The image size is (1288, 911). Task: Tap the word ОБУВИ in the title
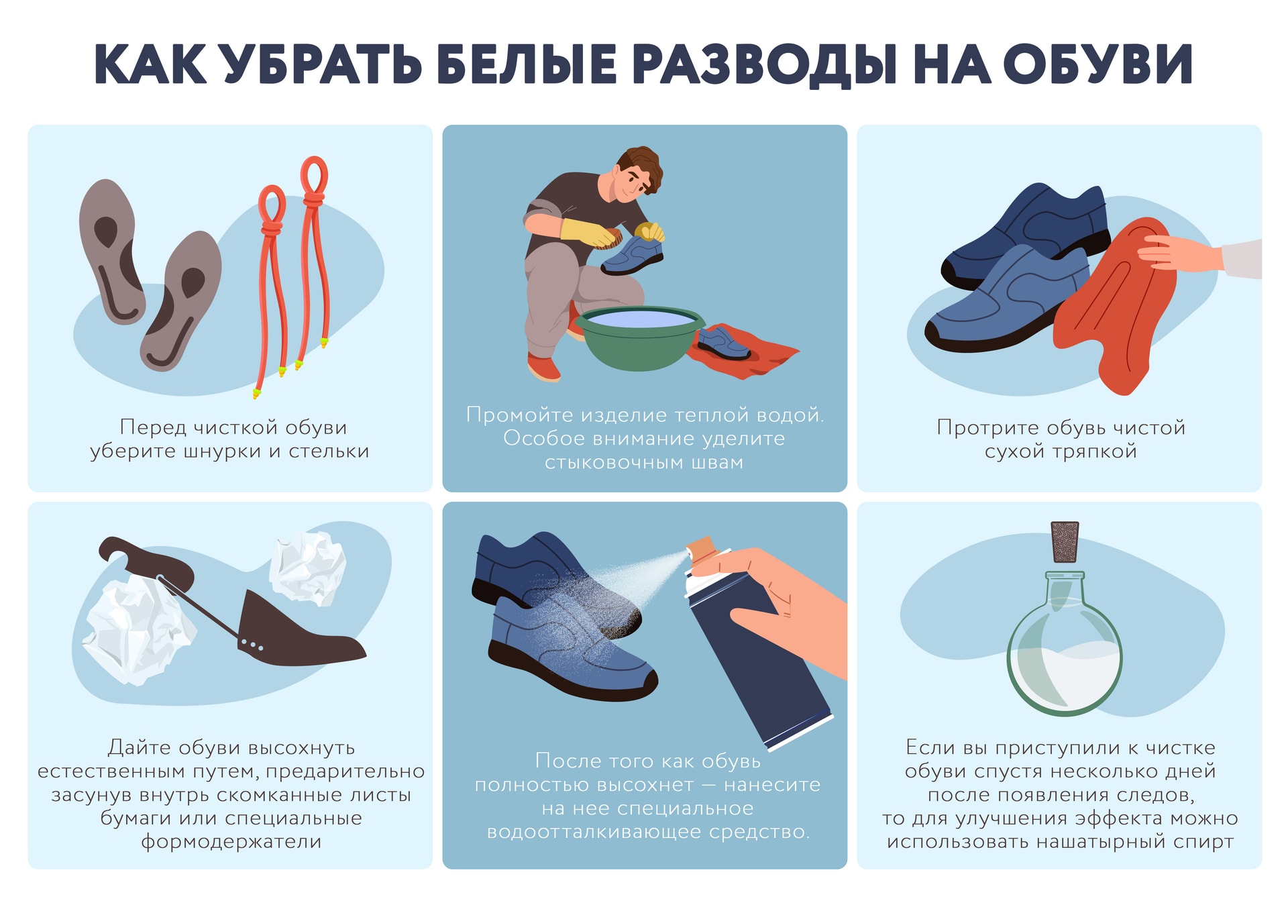1097,64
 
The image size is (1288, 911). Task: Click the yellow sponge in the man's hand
649,232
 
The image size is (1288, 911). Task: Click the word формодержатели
231,841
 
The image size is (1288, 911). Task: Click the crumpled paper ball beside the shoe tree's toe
308,568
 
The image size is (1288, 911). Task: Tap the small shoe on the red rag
723,343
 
